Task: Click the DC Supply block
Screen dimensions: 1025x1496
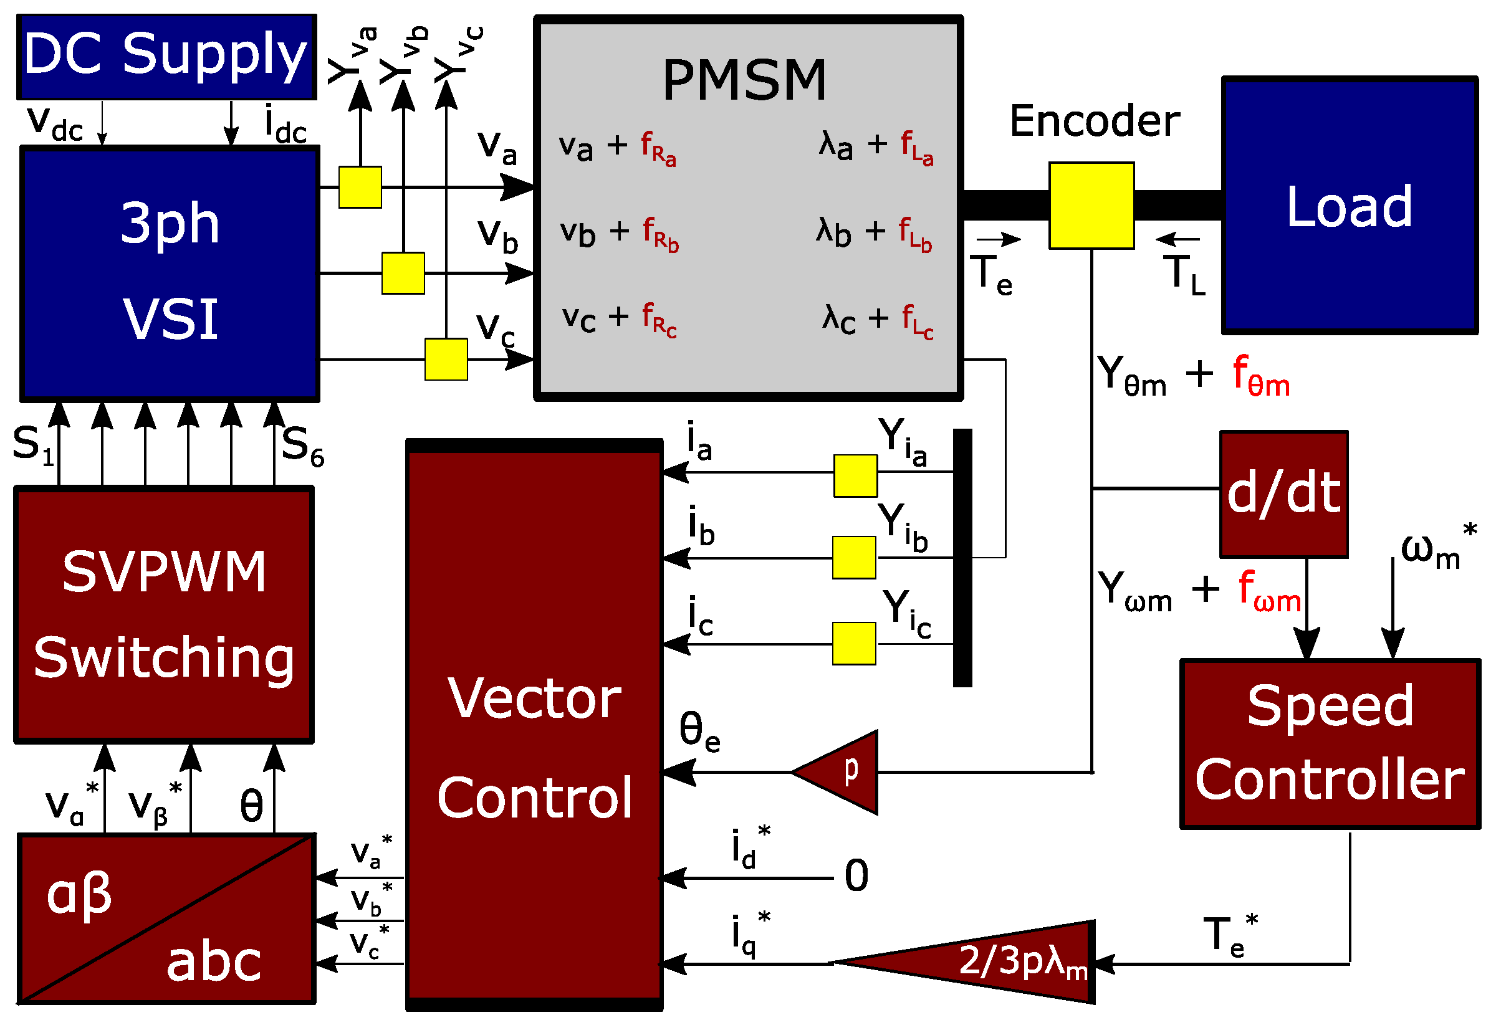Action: point(166,57)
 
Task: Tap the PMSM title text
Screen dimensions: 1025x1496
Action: point(744,80)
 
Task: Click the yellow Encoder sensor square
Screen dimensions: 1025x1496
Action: point(1091,206)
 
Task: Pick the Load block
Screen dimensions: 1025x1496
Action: point(1350,206)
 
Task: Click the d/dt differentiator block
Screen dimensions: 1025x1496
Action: point(1283,494)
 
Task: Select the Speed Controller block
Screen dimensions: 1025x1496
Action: point(1330,744)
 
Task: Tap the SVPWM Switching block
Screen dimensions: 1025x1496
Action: point(164,615)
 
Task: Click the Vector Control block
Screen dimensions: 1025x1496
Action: point(534,746)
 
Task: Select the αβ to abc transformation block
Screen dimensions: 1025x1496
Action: point(166,919)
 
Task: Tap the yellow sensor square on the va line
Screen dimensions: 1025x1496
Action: point(360,187)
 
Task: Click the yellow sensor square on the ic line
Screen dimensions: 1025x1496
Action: point(854,644)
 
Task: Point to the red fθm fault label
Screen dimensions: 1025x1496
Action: point(1260,376)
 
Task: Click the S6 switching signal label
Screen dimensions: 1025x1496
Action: point(302,446)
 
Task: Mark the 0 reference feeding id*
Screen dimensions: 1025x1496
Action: point(856,876)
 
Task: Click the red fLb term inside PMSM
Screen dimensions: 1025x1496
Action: point(914,234)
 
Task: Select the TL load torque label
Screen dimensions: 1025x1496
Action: point(1184,274)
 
